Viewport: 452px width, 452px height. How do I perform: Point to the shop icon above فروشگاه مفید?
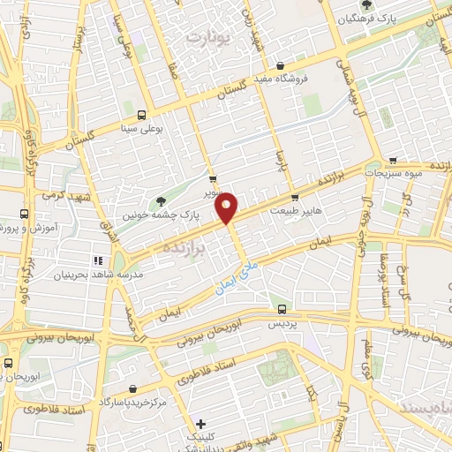point(280,65)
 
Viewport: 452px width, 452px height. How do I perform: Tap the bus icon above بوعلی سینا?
point(141,115)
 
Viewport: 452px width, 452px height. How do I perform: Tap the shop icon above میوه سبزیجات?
point(389,160)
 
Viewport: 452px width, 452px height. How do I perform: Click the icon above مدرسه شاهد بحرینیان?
point(98,260)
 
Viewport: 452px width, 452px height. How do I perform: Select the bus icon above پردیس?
point(282,309)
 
